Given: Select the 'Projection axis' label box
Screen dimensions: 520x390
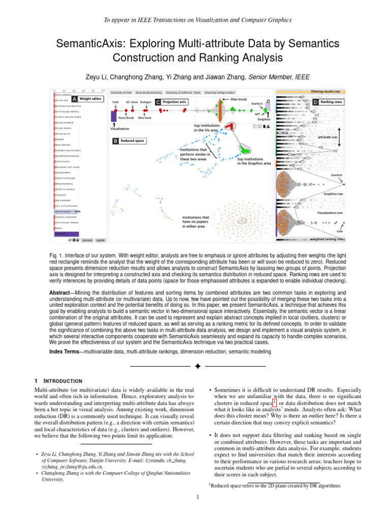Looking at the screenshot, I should coord(175,102).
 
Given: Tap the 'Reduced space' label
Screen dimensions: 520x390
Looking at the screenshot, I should coord(131,140).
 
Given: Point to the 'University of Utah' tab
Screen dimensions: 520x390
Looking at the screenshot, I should coord(121,93).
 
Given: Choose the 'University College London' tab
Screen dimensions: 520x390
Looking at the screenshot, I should coord(220,93).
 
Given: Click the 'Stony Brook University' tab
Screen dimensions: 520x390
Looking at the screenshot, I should coord(149,93).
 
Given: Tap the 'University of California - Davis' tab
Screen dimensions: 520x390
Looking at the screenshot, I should coord(183,93).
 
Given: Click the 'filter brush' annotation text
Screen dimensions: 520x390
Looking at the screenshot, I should coord(239,100).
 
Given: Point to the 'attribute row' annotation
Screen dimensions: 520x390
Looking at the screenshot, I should coord(328,137).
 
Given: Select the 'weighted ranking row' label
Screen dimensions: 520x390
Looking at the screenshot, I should coord(327,239).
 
